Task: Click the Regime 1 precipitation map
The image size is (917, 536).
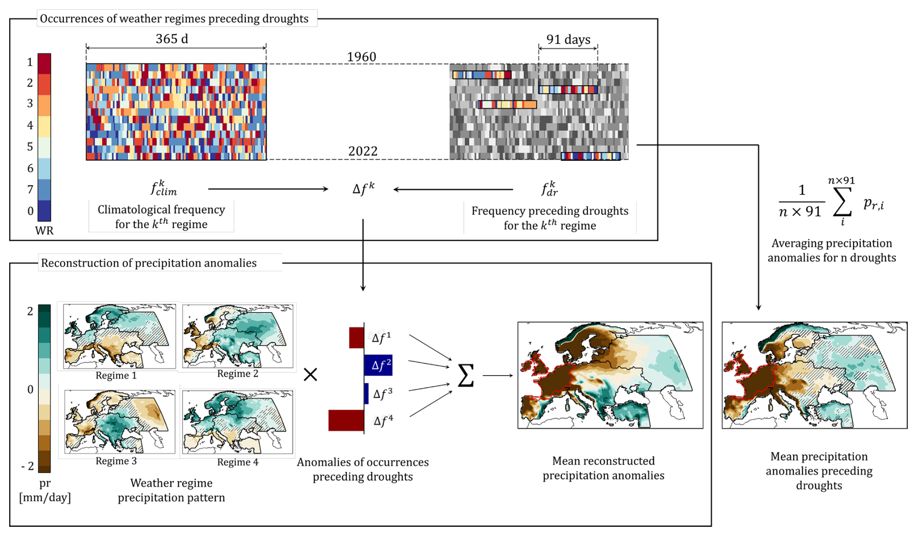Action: click(119, 336)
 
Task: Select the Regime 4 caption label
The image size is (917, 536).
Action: click(237, 462)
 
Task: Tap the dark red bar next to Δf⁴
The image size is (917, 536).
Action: click(346, 420)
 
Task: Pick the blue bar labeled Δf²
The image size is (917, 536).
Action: click(379, 365)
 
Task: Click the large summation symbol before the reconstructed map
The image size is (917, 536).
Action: click(465, 376)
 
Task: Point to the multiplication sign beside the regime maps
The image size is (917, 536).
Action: click(310, 374)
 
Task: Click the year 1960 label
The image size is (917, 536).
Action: click(362, 57)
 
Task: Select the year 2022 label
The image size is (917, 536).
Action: click(363, 151)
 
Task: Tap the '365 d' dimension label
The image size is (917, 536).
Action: click(172, 39)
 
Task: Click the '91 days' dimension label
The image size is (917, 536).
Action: click(568, 39)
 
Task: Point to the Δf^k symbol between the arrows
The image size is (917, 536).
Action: click(363, 189)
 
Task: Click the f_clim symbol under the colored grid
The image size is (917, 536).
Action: click(164, 188)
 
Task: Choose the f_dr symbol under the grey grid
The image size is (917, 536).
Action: click(550, 189)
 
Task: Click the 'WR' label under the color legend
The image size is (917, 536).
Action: click(44, 231)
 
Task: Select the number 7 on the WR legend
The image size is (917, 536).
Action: click(30, 189)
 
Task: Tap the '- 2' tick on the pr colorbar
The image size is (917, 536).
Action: click(28, 466)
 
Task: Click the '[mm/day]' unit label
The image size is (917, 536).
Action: click(45, 497)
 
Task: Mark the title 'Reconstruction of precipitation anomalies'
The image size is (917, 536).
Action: click(149, 263)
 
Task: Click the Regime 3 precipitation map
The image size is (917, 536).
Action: click(120, 422)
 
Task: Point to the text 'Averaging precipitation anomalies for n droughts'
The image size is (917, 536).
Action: click(831, 250)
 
